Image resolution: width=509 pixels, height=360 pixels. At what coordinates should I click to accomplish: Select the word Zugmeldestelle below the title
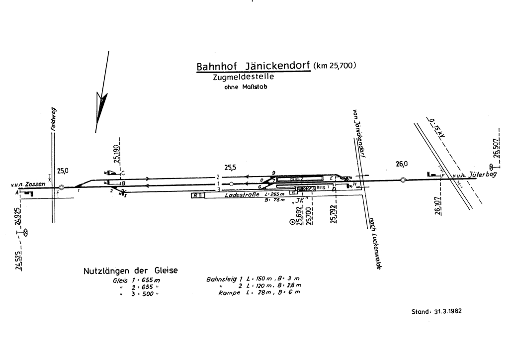[x=243, y=78]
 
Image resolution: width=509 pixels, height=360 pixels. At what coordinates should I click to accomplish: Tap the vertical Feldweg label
[x=53, y=119]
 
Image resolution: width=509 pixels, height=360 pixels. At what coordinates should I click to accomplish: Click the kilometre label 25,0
[x=63, y=171]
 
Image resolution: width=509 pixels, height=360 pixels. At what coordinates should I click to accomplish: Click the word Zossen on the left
[x=36, y=184]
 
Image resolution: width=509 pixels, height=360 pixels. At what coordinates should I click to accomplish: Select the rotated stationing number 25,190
[x=117, y=154]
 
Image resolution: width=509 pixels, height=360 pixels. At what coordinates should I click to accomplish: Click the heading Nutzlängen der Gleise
[x=130, y=271]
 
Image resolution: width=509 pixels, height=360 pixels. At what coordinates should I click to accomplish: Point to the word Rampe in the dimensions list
[x=229, y=292]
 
